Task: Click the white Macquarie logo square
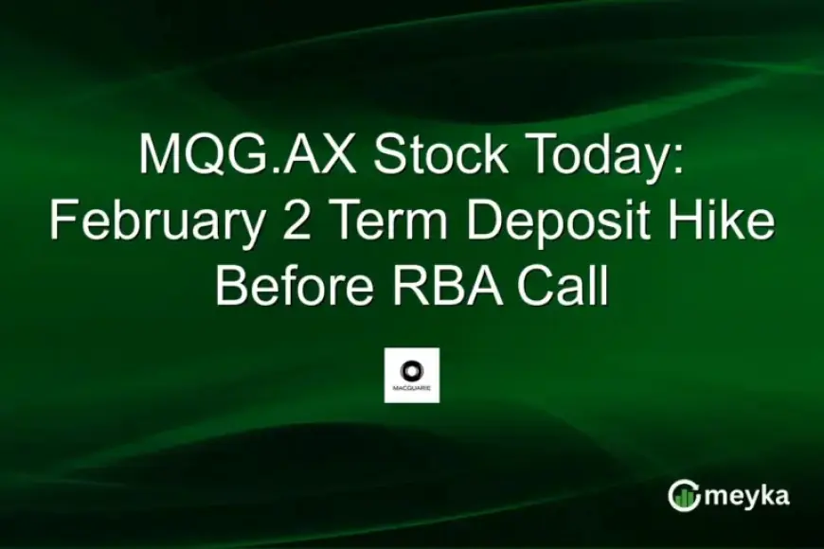pos(411,375)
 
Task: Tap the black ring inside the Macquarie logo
pos(411,368)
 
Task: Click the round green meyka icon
pos(683,495)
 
